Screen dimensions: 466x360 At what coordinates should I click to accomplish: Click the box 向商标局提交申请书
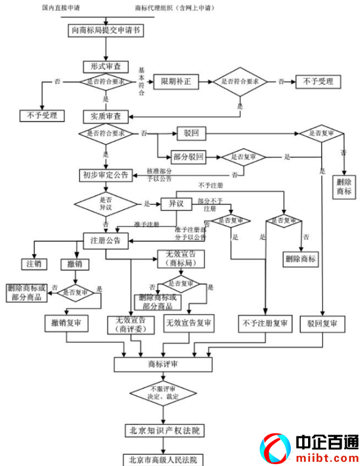point(106,28)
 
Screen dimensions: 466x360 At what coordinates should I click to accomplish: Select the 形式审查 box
point(106,67)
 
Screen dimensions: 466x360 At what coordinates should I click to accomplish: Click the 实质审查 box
point(106,116)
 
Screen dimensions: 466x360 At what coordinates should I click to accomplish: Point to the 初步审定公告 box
point(106,175)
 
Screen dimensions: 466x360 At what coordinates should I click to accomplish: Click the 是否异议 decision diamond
point(106,204)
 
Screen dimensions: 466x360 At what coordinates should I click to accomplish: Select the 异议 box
point(176,204)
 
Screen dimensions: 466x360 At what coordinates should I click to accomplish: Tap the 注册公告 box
point(106,240)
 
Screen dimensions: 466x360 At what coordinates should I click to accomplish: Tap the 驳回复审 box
point(322,324)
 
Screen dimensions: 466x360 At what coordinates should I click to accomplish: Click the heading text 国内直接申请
point(60,8)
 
